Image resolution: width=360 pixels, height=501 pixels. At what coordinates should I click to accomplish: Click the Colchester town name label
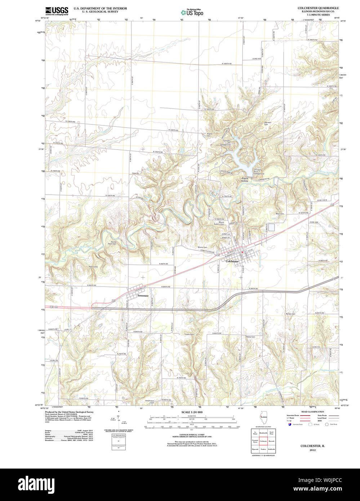click(232, 261)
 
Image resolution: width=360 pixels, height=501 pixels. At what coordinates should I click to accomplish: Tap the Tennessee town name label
click(142, 296)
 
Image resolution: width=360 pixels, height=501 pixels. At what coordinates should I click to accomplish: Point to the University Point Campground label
click(258, 172)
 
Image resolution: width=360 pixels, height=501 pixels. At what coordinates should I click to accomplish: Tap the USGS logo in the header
click(57, 11)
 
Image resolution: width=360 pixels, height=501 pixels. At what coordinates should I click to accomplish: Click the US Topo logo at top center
click(192, 12)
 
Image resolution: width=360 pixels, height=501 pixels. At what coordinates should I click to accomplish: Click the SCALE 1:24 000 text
click(192, 412)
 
